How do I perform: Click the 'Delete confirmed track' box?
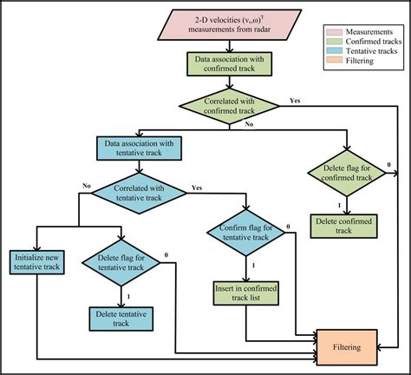[x=346, y=226]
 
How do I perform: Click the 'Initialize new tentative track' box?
[x=37, y=263]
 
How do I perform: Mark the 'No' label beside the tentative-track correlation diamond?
[x=86, y=186]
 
